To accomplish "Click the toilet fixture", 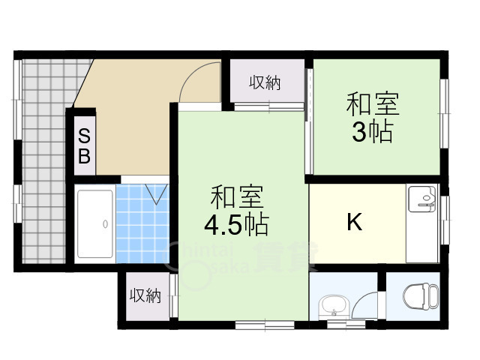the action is [x=421, y=296].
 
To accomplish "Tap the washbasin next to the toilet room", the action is [x=334, y=307].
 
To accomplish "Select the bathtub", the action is [x=95, y=223].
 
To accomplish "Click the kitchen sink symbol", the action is [x=422, y=198].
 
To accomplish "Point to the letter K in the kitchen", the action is [x=355, y=222].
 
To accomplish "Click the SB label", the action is [x=84, y=146].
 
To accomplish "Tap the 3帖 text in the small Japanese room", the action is [x=372, y=132].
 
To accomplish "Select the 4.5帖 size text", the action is [x=236, y=225].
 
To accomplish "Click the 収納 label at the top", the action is [x=265, y=82].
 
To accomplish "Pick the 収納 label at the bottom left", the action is [x=145, y=295].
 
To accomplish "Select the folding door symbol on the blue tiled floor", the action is [x=157, y=193].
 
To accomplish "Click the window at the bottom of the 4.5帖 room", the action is [x=265, y=325].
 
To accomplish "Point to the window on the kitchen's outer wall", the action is [x=445, y=220].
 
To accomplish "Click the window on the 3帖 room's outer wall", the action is [x=445, y=113].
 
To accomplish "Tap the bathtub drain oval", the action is [x=105, y=224].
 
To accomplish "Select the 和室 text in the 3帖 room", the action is [x=373, y=104].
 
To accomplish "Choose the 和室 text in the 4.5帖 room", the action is [x=237, y=196].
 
